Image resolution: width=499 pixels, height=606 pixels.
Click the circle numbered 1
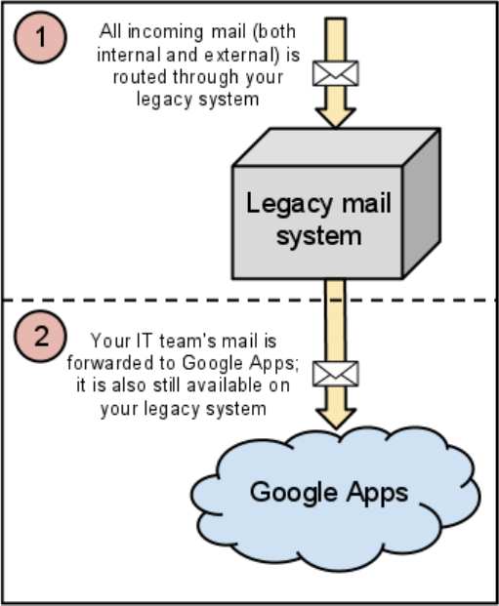pos(41,37)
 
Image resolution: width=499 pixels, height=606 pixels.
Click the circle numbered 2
pos(41,337)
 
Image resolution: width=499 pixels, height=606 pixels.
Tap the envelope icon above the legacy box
pos(335,73)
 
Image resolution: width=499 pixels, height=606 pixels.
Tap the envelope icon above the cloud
pos(335,374)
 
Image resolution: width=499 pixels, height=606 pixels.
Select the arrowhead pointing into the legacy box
pos(335,117)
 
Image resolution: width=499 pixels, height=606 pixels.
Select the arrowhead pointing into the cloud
pos(335,419)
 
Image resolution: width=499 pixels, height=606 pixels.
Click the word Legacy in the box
pos(289,204)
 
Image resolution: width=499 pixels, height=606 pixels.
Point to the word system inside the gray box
pos(319,236)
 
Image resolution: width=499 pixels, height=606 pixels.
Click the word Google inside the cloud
pos(294,493)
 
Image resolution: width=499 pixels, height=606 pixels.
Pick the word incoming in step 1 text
pos(165,32)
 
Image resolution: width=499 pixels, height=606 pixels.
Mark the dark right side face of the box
pos(421,204)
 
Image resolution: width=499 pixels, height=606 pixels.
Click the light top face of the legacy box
pos(337,146)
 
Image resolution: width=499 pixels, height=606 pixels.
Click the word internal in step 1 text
pos(129,55)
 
